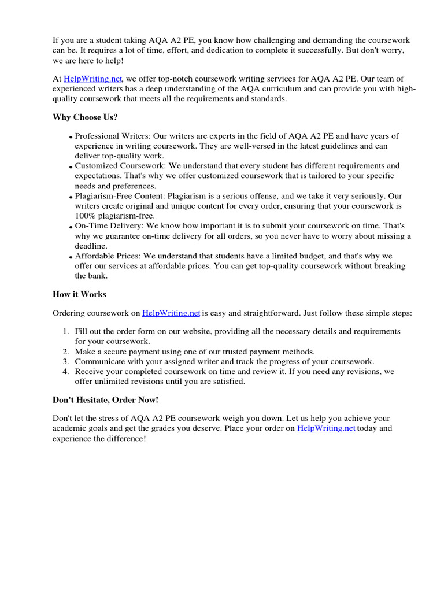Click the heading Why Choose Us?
(x=85, y=117)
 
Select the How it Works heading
(x=79, y=294)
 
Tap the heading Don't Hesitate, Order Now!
(x=105, y=400)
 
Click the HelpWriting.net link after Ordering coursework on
(x=171, y=313)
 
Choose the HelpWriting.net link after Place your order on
(x=326, y=428)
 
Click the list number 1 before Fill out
(x=65, y=331)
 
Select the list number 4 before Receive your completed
(x=65, y=372)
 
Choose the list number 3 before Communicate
(x=65, y=361)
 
